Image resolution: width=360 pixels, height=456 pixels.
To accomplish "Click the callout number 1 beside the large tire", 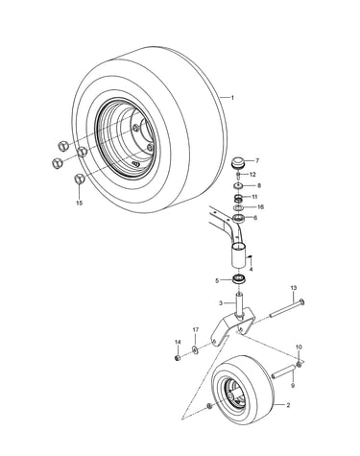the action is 232,97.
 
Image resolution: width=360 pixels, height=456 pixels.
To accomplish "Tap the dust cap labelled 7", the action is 238,161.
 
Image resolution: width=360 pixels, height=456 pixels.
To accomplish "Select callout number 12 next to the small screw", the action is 252,175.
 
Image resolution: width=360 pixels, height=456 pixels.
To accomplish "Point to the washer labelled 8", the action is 238,185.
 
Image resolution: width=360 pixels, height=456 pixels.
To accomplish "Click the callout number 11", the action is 254,197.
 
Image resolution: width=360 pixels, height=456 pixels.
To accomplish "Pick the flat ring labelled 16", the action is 237,207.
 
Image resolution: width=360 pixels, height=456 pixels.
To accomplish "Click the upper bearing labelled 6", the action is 238,219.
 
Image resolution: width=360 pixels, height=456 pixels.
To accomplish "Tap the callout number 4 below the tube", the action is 251,270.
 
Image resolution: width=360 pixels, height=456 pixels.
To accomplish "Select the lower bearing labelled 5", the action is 239,280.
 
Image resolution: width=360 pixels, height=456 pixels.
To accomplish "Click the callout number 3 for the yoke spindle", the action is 221,302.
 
